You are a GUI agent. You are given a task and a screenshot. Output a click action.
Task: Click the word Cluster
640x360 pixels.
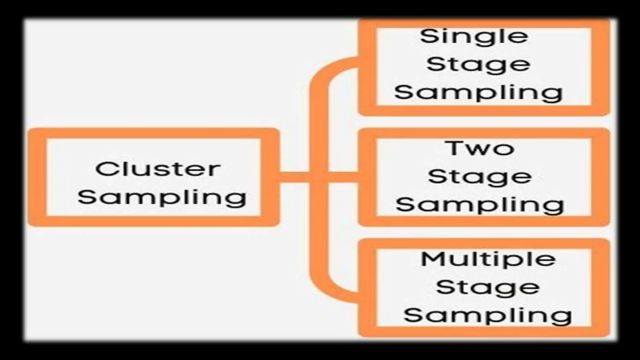coord(158,169)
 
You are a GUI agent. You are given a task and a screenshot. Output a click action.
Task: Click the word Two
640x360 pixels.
coord(481,148)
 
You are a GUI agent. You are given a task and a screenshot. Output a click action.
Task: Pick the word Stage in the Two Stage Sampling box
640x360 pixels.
coord(479,177)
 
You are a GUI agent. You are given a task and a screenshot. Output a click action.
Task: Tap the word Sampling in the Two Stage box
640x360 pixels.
coord(479,205)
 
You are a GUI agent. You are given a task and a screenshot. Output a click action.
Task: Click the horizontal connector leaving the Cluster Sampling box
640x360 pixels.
coord(294,177)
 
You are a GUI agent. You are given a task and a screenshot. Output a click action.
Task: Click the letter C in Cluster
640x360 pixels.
coord(105,169)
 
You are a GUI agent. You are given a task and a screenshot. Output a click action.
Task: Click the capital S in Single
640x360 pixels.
coord(428,36)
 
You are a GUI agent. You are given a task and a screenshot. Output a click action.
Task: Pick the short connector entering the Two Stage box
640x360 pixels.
coord(344,177)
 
